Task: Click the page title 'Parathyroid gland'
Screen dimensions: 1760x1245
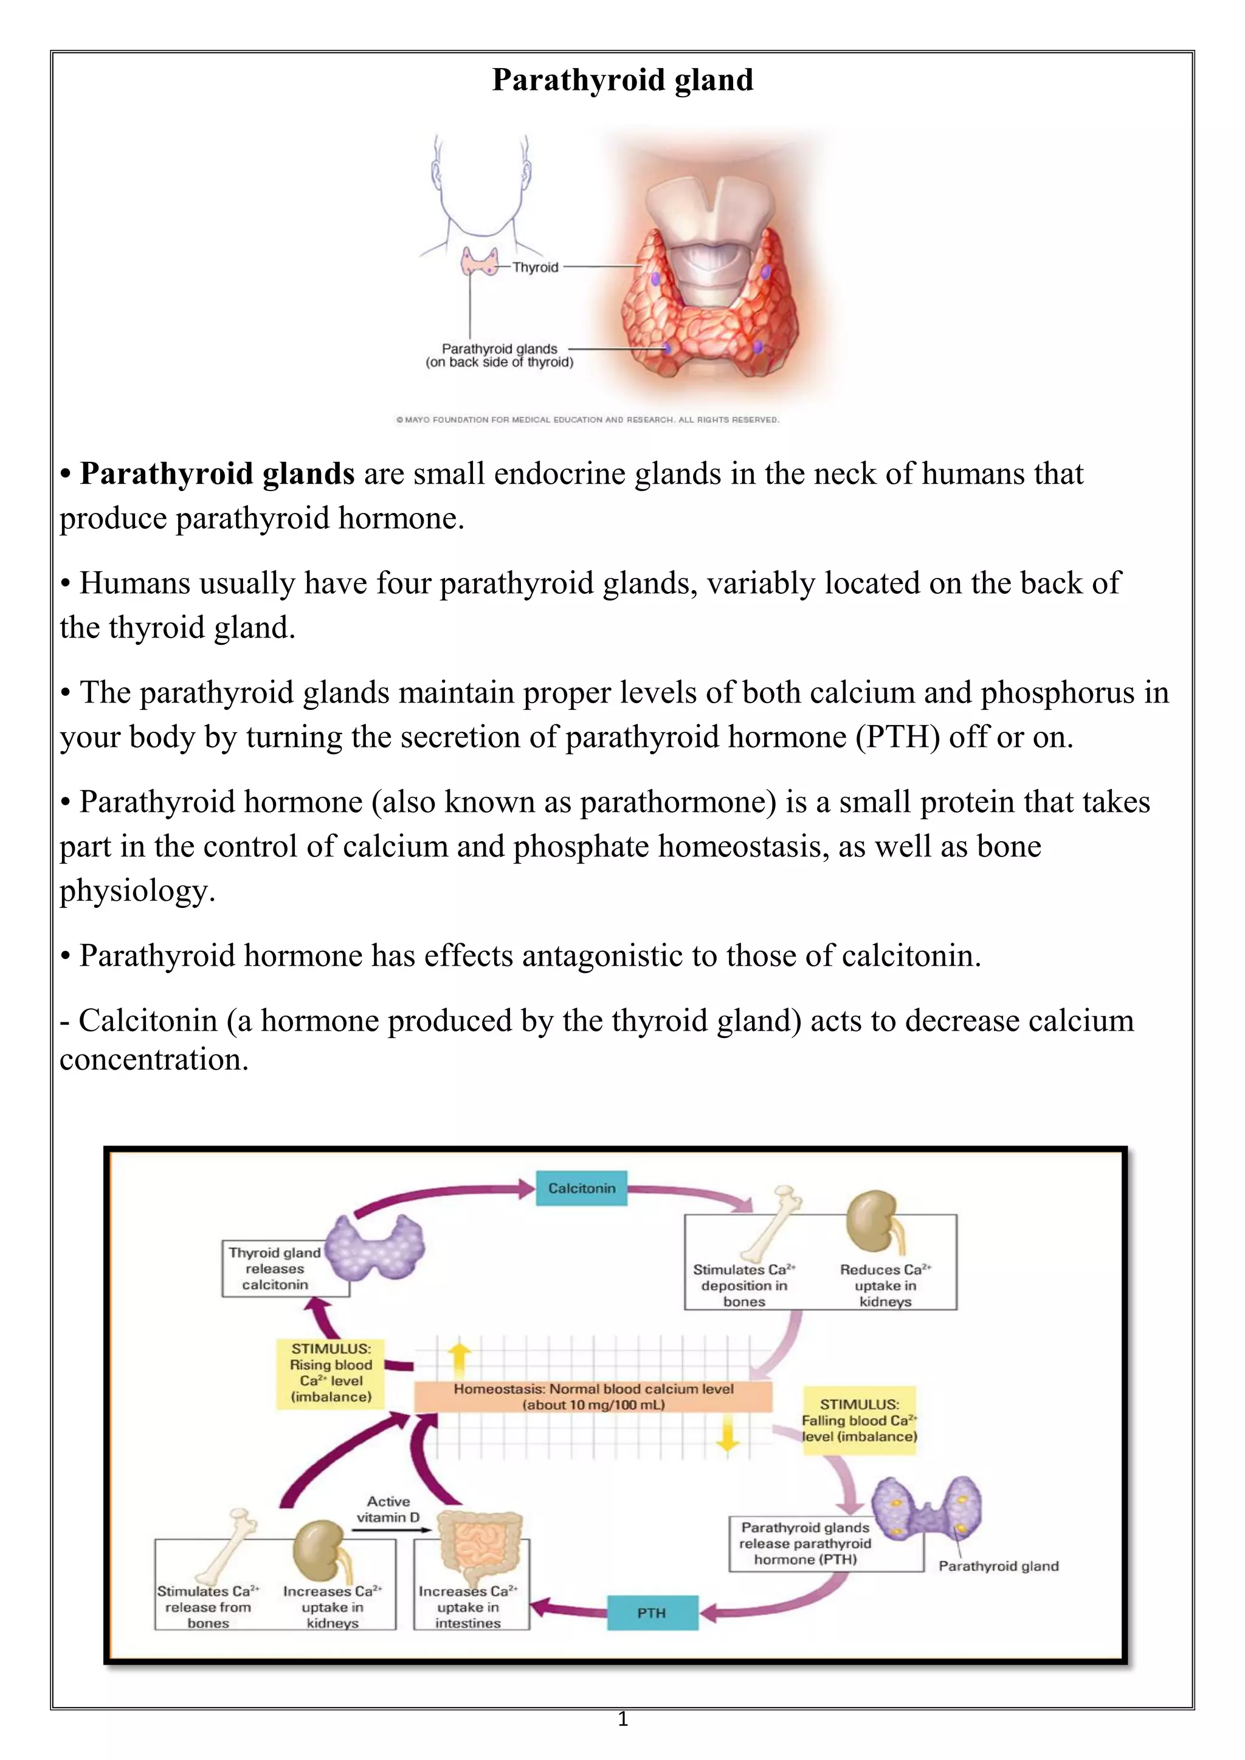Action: [x=622, y=80]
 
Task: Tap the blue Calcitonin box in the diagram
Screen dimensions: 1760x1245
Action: [x=581, y=1188]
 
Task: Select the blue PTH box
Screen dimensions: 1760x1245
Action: [x=652, y=1613]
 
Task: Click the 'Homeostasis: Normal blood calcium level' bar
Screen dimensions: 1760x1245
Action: [x=593, y=1397]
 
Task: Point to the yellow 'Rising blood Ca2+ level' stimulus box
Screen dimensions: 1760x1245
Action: [x=331, y=1372]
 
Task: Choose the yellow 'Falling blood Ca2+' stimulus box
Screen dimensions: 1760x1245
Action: [x=860, y=1420]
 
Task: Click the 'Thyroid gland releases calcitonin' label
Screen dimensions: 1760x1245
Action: [x=274, y=1268]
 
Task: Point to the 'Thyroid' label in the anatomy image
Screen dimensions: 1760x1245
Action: [x=535, y=267]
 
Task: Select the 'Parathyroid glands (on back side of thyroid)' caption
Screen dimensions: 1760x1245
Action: [x=499, y=356]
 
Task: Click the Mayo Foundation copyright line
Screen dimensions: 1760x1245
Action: [x=587, y=420]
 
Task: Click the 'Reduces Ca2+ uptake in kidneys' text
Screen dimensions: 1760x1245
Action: [x=886, y=1285]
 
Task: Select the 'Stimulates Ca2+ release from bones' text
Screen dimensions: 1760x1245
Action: [x=208, y=1607]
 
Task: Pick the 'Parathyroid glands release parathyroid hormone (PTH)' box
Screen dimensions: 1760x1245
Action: [x=805, y=1543]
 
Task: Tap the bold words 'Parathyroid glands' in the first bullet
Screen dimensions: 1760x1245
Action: [x=217, y=473]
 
